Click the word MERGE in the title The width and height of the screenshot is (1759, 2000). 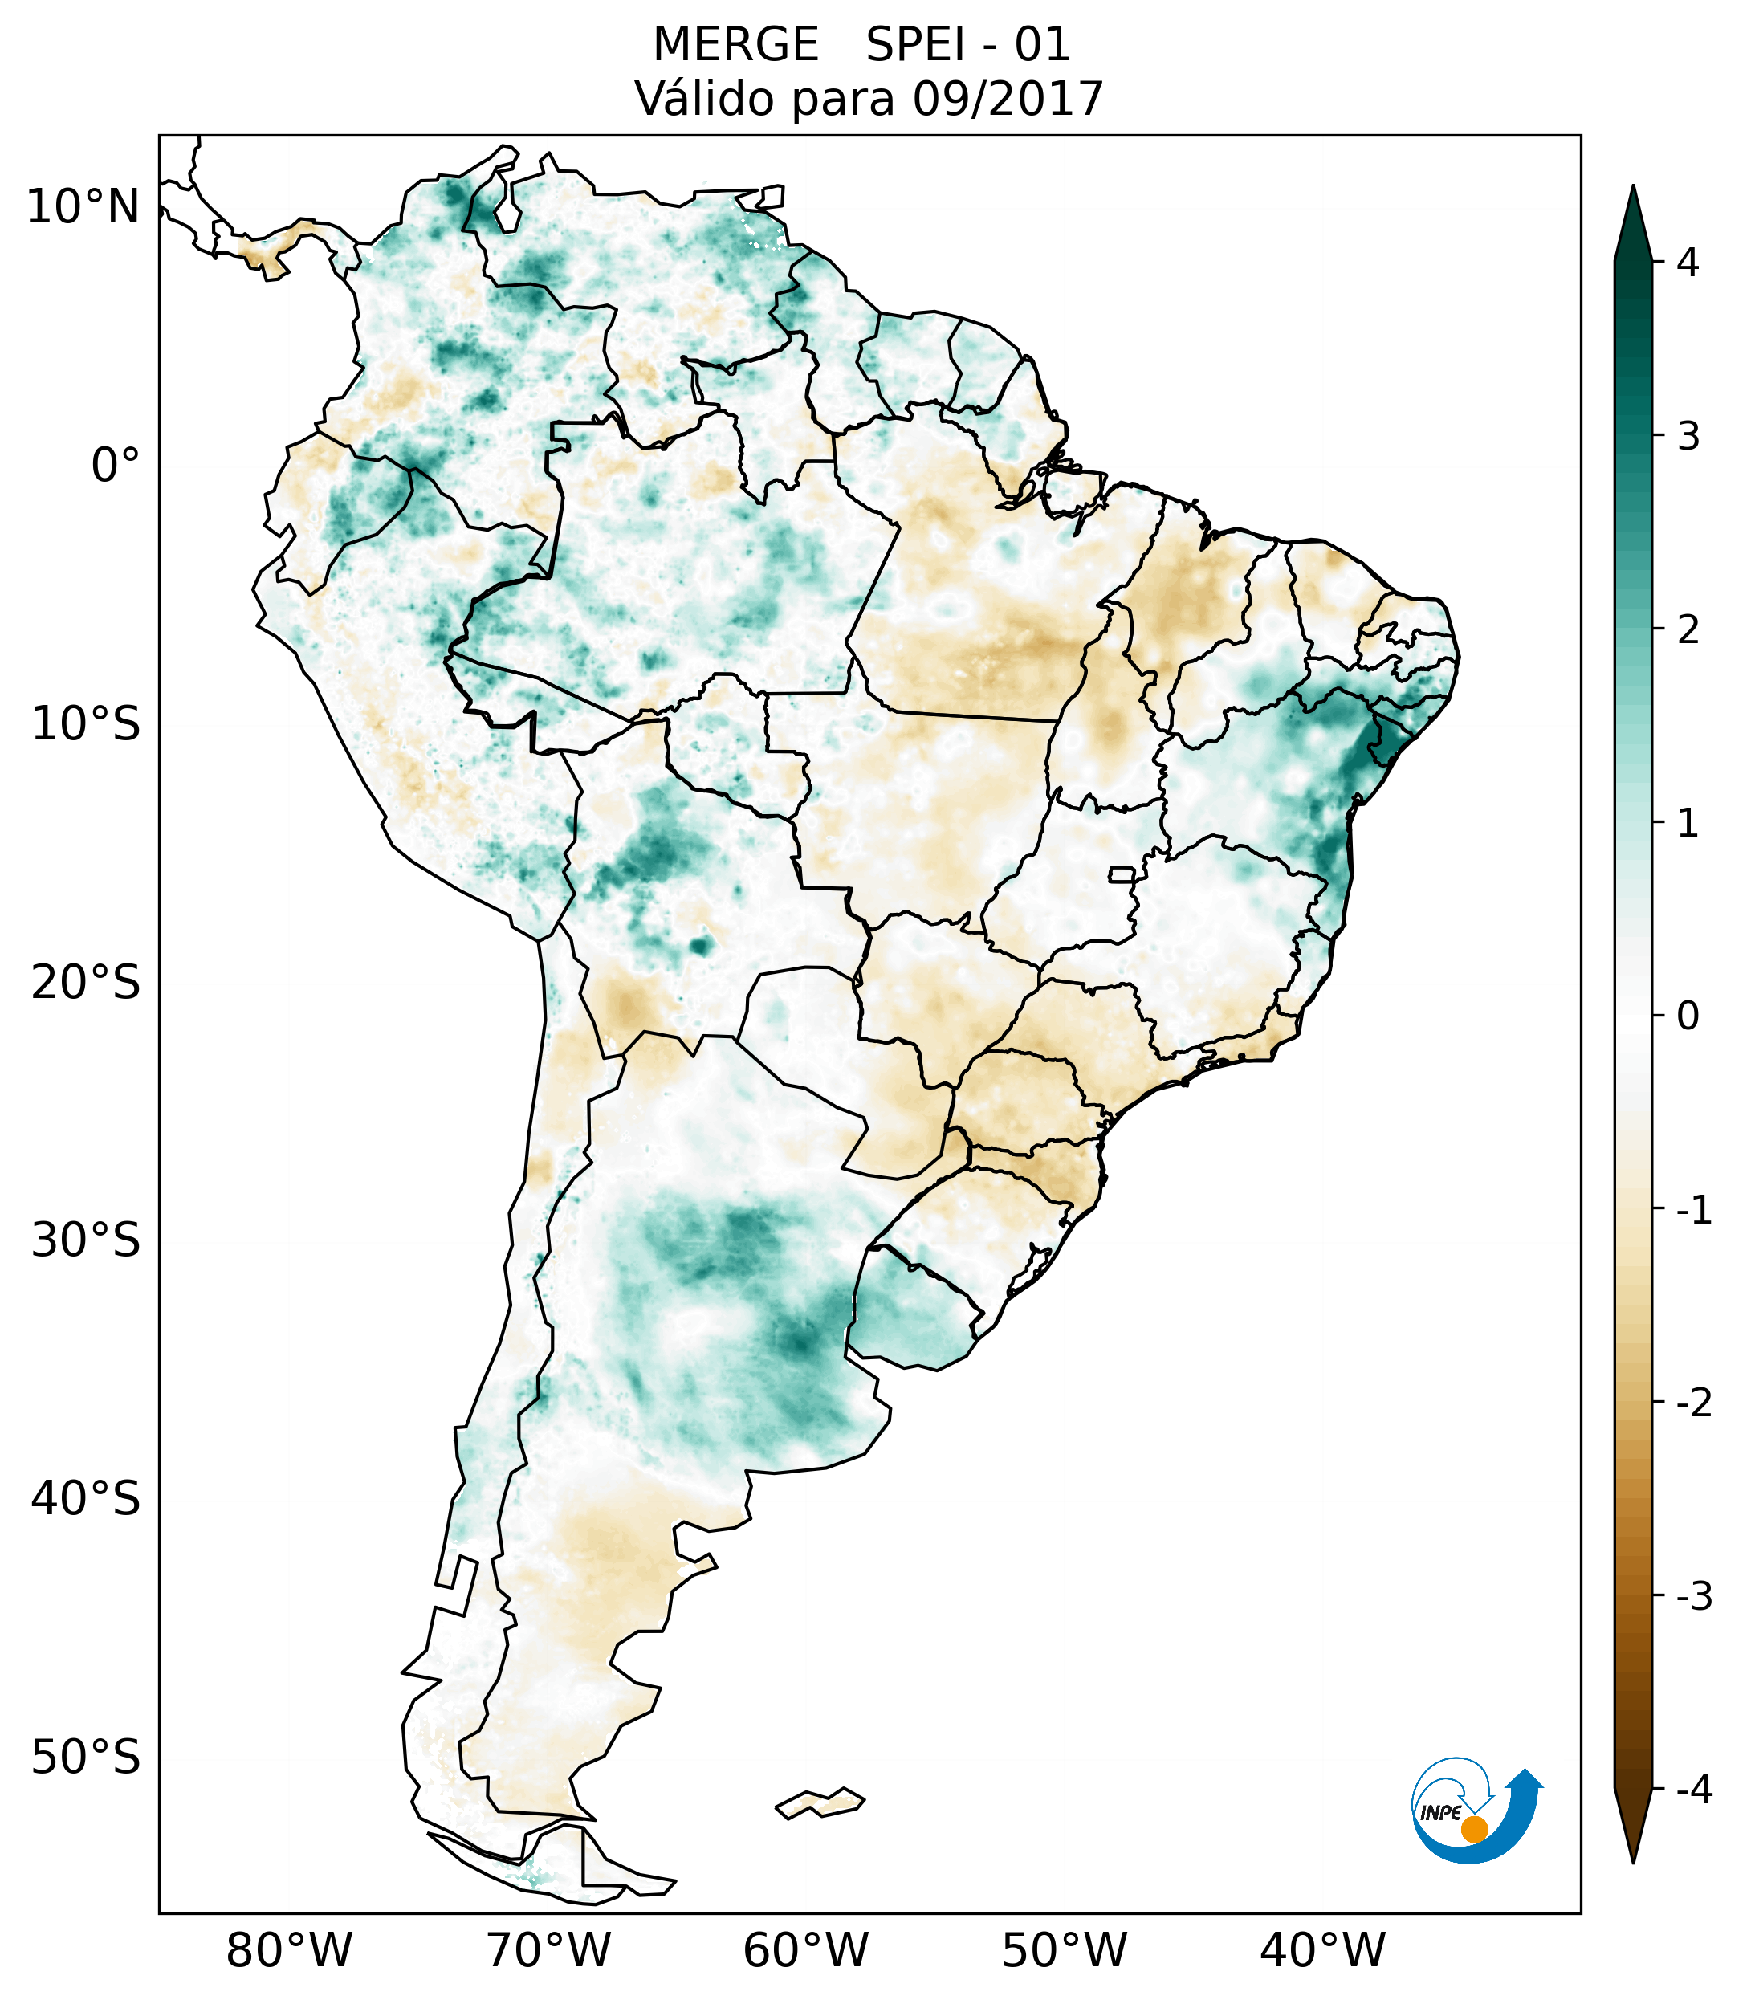coord(735,45)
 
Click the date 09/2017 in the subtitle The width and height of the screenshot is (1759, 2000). coord(1008,99)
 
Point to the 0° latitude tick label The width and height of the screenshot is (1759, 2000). coord(116,466)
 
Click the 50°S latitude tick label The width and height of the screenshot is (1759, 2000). coord(86,1758)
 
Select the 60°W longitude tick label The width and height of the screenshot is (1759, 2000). coord(805,1950)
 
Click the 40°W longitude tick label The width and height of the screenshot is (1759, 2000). coord(1323,1950)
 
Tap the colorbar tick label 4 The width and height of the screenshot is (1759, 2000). coord(1688,263)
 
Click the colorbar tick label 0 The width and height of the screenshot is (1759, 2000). coord(1688,1016)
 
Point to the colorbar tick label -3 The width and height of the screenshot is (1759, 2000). coord(1693,1596)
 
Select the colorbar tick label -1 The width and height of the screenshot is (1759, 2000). coord(1693,1211)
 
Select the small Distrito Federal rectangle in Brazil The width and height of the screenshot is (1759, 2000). coord(1122,873)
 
